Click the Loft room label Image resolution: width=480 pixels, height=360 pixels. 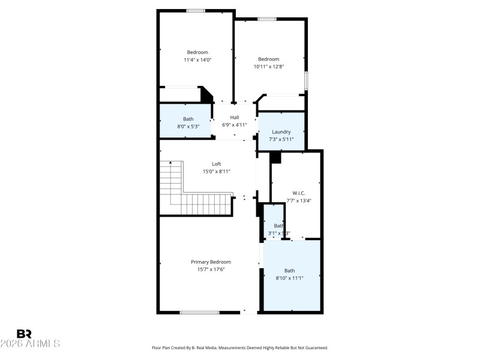(216, 164)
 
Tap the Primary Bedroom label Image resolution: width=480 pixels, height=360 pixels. (211, 262)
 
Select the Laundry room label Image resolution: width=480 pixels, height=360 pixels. (281, 132)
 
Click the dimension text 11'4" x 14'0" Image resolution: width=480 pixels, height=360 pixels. (197, 60)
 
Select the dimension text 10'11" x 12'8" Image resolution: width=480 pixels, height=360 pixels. (269, 67)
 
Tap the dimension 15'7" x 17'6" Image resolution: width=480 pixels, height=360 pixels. (211, 269)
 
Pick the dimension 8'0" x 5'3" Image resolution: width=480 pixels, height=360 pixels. (188, 127)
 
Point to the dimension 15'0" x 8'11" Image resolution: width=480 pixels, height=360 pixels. (216, 172)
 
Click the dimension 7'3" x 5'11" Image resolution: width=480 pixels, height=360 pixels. (281, 139)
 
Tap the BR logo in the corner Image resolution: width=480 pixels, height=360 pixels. (25, 334)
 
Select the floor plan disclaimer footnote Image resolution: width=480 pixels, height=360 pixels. (240, 348)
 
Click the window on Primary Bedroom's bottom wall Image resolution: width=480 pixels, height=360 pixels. (199, 312)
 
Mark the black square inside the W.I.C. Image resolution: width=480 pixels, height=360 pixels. (275, 157)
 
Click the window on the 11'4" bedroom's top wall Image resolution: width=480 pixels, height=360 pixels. (196, 11)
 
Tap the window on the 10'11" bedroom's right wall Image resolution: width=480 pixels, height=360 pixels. (306, 80)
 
